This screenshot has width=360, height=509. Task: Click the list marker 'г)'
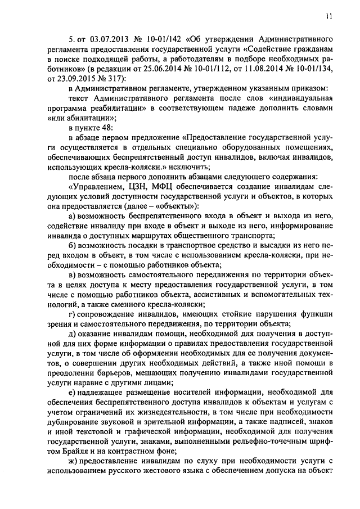point(71,315)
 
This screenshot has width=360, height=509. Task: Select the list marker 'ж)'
point(73,460)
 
